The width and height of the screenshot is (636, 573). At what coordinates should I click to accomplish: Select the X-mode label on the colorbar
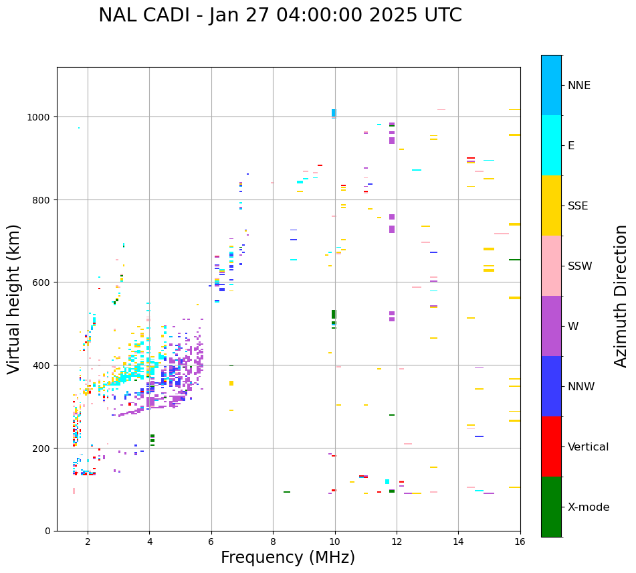[589, 507]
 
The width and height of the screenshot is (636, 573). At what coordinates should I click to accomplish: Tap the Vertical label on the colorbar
[588, 447]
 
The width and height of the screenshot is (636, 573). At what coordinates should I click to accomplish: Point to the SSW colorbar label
[580, 266]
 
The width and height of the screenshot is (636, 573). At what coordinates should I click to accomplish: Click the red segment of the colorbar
[551, 446]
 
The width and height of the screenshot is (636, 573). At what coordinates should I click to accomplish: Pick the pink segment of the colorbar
[551, 266]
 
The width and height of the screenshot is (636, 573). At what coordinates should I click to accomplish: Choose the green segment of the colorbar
[551, 507]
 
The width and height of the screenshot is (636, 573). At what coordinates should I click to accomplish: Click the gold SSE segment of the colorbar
[551, 206]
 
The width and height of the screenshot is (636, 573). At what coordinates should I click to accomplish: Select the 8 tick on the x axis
[273, 542]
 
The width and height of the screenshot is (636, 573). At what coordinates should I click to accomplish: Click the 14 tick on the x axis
[458, 542]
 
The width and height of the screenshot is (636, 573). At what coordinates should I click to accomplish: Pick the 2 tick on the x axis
[88, 542]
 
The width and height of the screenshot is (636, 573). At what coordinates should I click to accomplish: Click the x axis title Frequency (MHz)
[288, 558]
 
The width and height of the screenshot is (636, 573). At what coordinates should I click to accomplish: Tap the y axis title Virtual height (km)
[14, 299]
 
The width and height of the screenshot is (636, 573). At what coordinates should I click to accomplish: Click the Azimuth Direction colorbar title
[621, 296]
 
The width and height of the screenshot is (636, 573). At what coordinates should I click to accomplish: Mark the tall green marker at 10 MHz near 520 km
[334, 314]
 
